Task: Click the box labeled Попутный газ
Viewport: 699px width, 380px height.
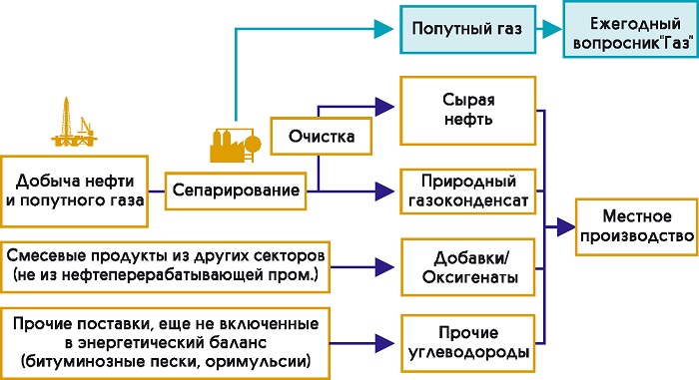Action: pos(467,29)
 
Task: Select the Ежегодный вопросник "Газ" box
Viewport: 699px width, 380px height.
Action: pos(631,29)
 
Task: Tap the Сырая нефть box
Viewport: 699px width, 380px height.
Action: pos(467,111)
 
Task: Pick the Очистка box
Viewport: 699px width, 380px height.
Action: pos(321,136)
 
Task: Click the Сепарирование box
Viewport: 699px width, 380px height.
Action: pos(236,190)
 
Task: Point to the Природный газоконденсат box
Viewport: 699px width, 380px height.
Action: pos(467,191)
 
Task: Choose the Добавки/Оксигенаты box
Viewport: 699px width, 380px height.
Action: pos(467,267)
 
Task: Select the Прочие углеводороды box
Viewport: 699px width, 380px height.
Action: pos(467,343)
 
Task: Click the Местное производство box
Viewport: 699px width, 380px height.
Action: pos(637,226)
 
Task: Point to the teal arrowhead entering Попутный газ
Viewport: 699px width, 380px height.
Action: pos(383,29)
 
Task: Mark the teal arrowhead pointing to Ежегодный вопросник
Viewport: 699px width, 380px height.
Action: pos(552,29)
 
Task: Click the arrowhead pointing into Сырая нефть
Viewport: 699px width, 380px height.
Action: pos(384,107)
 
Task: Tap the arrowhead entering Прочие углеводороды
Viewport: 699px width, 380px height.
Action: pos(384,343)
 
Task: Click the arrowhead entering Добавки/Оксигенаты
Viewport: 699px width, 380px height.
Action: pos(384,267)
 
